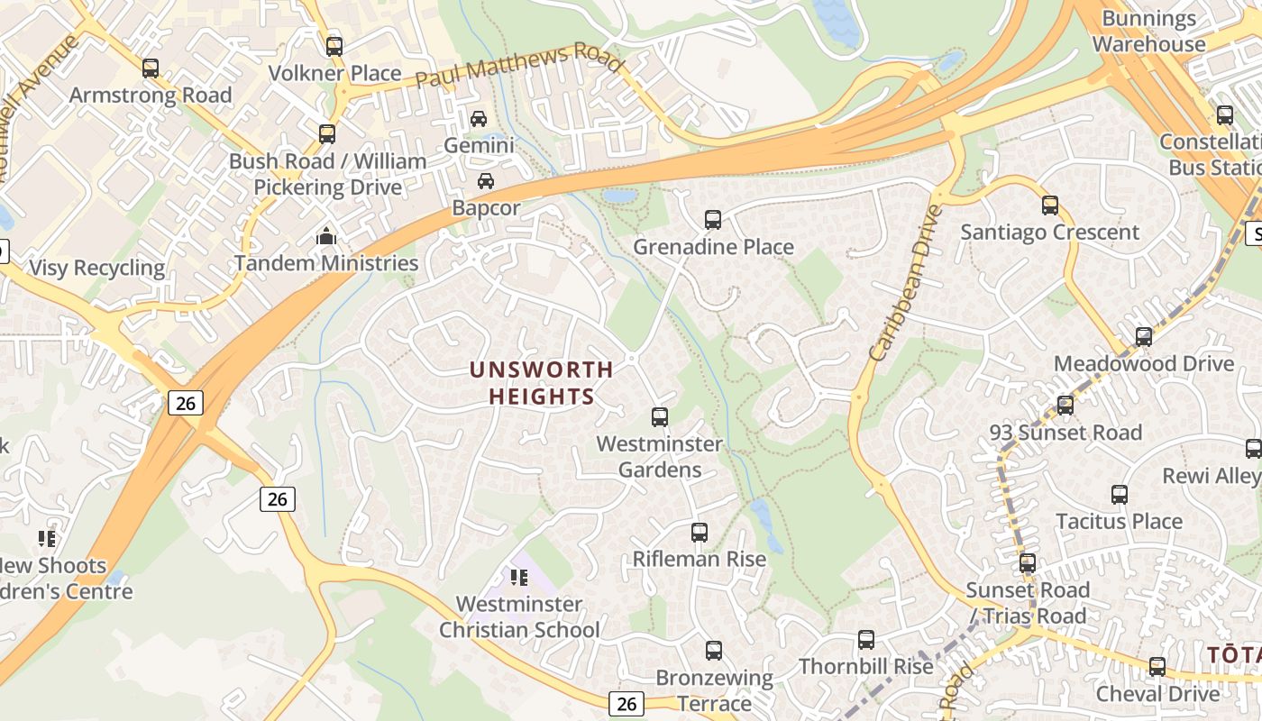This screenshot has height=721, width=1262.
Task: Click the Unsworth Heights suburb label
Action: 542,382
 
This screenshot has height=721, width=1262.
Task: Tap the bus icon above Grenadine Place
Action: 712,219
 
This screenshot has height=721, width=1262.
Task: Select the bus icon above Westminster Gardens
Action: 659,416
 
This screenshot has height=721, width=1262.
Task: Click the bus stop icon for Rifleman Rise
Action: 699,532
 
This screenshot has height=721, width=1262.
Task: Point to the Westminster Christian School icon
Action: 518,577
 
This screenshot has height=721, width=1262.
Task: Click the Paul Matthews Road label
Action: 519,67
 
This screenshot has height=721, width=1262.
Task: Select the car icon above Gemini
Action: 479,118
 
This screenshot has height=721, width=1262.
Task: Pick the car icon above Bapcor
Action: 486,180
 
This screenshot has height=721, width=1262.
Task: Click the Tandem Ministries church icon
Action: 325,237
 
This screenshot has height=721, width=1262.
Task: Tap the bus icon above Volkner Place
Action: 334,46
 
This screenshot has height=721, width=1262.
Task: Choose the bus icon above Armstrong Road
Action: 151,68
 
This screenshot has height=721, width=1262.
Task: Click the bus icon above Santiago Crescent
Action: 1049,205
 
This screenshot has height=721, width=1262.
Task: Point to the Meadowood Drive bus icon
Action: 1143,337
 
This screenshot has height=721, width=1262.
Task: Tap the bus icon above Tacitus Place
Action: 1119,494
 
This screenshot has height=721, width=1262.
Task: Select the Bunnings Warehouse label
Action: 1148,32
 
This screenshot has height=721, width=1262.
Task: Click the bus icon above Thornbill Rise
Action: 865,640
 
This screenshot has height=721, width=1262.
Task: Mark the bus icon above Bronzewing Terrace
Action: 713,650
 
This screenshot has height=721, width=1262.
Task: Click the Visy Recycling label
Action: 97,268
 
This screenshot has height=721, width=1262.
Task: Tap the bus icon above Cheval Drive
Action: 1157,667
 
